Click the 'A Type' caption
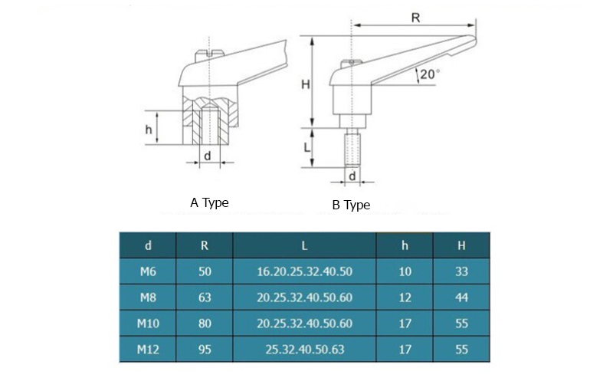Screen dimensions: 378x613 [209, 202]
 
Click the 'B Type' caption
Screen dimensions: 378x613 [351, 205]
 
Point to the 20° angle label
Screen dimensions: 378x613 [428, 74]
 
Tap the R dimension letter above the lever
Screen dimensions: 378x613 [415, 18]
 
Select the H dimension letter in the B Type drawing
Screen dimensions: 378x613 [305, 84]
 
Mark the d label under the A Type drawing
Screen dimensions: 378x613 [206, 156]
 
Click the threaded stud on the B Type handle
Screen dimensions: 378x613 [352, 149]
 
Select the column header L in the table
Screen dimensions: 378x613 [304, 245]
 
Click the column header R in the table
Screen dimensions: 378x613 [205, 245]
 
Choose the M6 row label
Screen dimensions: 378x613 [147, 271]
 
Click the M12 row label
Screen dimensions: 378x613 [147, 350]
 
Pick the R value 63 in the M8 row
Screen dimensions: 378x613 [205, 297]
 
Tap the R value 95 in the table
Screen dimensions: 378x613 [205, 350]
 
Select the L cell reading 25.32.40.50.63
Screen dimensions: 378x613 [304, 350]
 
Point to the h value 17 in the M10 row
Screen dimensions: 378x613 [405, 324]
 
